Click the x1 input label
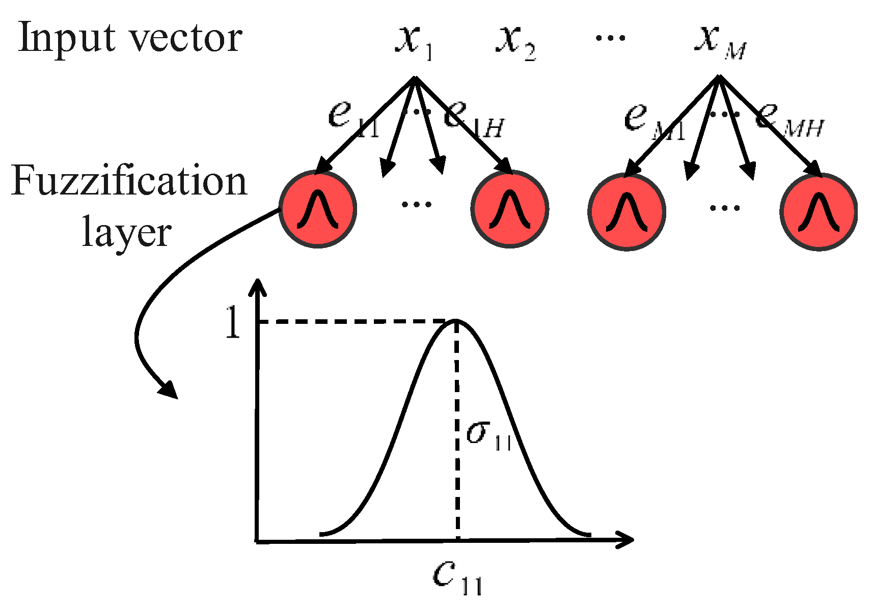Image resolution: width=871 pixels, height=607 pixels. coord(414,42)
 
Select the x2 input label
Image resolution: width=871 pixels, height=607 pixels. coord(514,43)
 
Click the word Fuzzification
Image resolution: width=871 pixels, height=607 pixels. coord(129,182)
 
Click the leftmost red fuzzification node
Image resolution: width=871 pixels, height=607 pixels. coord(318,209)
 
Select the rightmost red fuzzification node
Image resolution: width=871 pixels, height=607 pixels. coord(819,211)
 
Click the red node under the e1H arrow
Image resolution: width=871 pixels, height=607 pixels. coord(510,209)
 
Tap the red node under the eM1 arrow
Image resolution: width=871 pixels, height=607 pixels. coord(627,211)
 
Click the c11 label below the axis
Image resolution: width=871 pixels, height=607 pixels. coord(456,578)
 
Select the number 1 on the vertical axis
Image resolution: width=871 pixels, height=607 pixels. coord(232,323)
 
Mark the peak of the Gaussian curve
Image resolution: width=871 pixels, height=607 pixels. coord(455,321)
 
